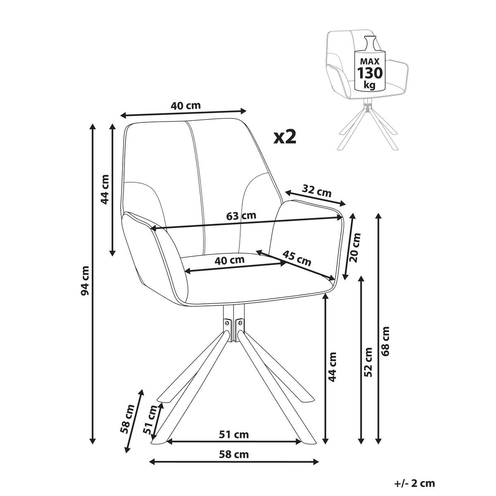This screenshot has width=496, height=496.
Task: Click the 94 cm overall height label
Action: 85,281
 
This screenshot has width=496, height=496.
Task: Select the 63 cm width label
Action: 241,216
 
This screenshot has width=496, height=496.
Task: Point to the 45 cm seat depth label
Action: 297,258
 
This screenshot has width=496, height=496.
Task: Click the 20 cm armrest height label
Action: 355,247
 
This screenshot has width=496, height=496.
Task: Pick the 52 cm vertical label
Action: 368,362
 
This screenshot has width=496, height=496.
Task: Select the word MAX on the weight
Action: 370,61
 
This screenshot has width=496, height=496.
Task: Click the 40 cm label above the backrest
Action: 186,105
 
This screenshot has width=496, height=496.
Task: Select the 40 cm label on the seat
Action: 229,260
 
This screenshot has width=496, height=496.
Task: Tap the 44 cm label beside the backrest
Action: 105,189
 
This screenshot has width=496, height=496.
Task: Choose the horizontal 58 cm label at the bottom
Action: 234,462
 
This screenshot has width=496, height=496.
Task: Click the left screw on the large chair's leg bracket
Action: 227,322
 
